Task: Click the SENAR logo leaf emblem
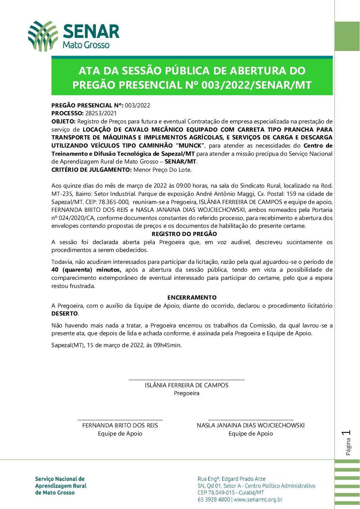click(x=43, y=36)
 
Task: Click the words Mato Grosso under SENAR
click(x=86, y=45)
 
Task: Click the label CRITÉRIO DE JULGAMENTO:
click(x=91, y=169)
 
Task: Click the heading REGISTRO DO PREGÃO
click(x=184, y=234)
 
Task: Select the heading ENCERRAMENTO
click(x=192, y=298)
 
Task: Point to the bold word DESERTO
click(x=65, y=313)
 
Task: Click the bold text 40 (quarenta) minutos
click(x=86, y=270)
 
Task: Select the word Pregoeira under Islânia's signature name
click(x=186, y=393)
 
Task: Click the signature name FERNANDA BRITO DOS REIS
click(x=120, y=425)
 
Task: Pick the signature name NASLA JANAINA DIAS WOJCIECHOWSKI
click(x=250, y=425)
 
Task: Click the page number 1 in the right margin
click(x=347, y=433)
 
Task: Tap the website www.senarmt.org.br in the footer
click(x=258, y=499)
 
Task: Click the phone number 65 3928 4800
click(x=214, y=499)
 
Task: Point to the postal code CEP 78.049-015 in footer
click(x=216, y=493)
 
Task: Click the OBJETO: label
click(x=64, y=121)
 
